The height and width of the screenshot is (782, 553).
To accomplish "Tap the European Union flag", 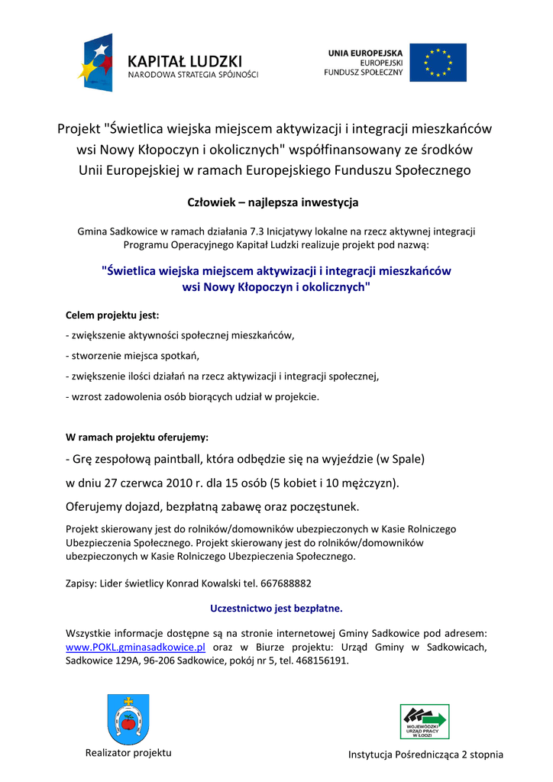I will tap(438, 63).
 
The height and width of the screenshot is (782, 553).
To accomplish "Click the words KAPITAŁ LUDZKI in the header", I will tap(185, 60).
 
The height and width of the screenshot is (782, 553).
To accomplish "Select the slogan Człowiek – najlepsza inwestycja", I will tap(273, 202).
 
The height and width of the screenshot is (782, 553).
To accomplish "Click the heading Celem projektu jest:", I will tap(112, 315).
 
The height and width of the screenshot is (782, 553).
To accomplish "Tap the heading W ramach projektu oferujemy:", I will tap(137, 438).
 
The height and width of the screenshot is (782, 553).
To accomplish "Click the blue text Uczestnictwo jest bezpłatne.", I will tap(276, 609).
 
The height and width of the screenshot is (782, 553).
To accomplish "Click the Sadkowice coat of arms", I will tap(128, 719).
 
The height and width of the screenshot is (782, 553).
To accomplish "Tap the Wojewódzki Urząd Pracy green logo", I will tap(425, 722).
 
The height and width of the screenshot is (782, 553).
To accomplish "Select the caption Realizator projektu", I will tap(128, 753).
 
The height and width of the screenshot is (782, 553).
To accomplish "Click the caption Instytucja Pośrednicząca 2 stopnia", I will tap(425, 755).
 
